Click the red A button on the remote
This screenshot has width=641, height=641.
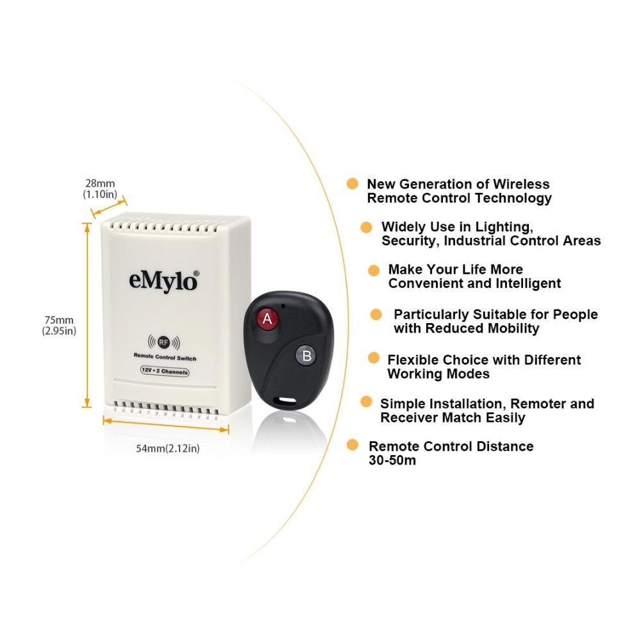tap(267, 318)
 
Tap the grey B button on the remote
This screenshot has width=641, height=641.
tap(306, 356)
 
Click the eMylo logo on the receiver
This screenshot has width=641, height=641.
tap(163, 281)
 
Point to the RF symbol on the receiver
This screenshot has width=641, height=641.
tap(163, 342)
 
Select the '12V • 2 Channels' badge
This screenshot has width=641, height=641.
tap(165, 371)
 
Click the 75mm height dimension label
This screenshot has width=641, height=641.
tap(59, 326)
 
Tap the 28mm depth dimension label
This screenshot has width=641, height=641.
tap(100, 188)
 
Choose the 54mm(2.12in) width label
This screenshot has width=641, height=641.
tap(168, 449)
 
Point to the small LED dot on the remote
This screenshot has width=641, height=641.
tap(283, 305)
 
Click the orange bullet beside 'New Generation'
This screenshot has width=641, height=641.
tap(353, 183)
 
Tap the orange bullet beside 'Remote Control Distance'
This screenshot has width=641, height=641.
tap(353, 445)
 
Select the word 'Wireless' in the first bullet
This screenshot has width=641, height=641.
tap(521, 184)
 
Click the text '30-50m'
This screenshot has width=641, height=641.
tap(392, 460)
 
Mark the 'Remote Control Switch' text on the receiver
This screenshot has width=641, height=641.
tap(165, 357)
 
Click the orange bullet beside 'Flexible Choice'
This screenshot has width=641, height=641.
tap(374, 358)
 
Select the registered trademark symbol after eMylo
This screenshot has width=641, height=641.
tap(196, 273)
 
